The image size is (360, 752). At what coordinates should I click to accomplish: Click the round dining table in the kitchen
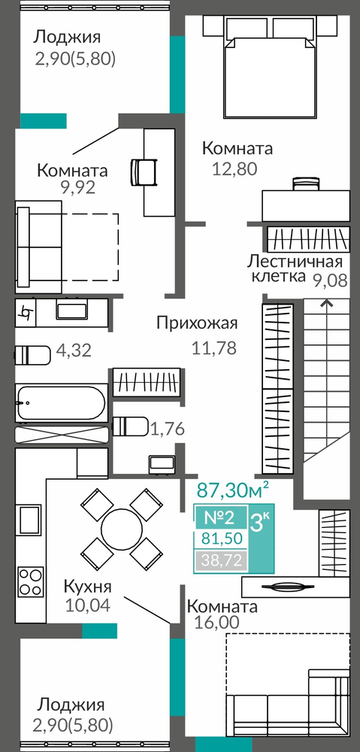122,528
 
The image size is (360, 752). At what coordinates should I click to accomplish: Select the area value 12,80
235,168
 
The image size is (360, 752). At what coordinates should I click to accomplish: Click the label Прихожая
197,323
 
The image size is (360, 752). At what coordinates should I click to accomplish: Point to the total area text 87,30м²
233,490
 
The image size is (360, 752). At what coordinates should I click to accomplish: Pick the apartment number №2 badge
219,517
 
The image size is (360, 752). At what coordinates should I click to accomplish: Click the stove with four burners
31,582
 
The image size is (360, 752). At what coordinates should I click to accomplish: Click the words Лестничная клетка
295,269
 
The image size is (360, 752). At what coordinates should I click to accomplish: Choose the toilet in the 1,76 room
130,426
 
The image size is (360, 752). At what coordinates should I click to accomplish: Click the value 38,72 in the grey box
221,559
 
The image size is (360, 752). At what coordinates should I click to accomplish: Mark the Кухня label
87,587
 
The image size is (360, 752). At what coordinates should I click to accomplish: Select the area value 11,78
213,347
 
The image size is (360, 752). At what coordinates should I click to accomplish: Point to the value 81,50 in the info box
221,538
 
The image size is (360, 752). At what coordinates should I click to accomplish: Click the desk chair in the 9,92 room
143,171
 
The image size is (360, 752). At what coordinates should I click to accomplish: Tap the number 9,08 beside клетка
330,279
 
